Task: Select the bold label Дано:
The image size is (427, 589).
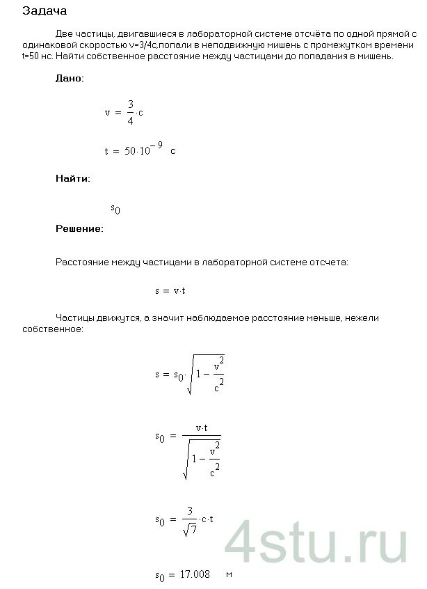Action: (x=70, y=79)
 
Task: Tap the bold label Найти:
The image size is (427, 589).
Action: (x=72, y=179)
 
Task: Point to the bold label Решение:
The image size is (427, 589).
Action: (x=79, y=228)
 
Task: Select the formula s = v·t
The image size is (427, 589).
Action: (x=170, y=290)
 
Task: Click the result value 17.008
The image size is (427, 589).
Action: (x=197, y=575)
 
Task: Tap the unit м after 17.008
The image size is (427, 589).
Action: (x=228, y=575)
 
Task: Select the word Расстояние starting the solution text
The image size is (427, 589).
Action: (x=78, y=262)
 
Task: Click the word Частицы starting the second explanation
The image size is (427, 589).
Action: (x=74, y=318)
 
